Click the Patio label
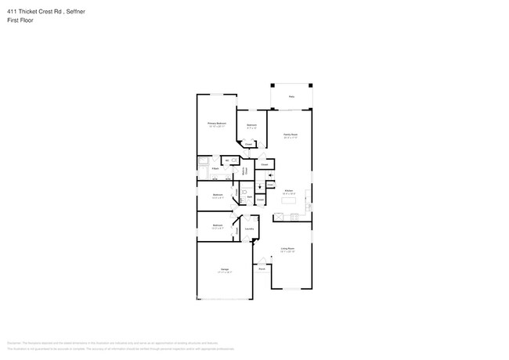point(291,97)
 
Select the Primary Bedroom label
point(217,123)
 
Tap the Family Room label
point(290,135)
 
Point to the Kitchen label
point(288,190)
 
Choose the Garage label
point(224,270)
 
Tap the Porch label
point(262,268)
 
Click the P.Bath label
point(214,169)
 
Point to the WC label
point(226,160)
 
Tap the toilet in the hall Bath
point(244,191)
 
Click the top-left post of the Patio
point(272,85)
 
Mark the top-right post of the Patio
point(310,85)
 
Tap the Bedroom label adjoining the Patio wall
point(252,125)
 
